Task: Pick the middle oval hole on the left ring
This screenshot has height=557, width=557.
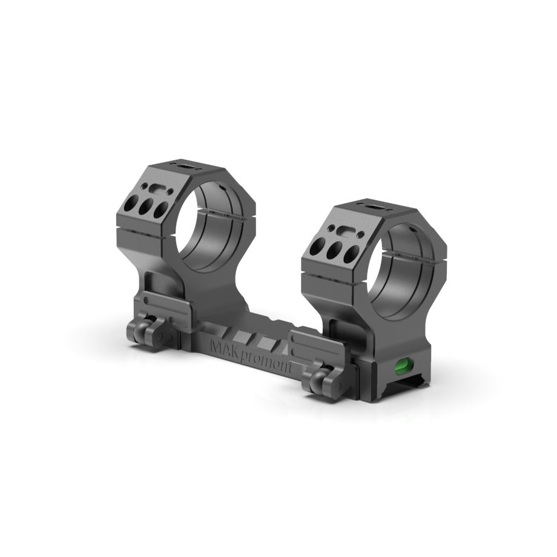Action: point(145,209)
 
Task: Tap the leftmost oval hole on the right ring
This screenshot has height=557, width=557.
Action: point(317,247)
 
